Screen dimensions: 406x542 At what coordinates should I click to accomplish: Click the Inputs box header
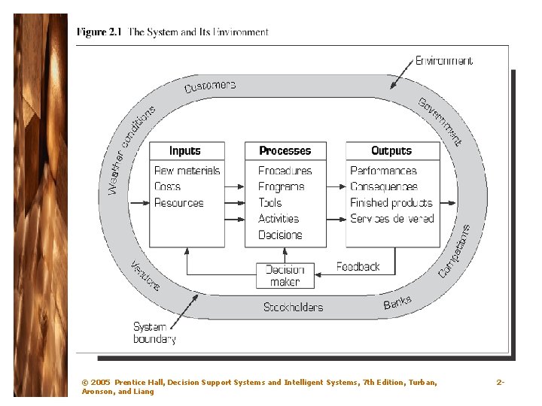[x=185, y=151]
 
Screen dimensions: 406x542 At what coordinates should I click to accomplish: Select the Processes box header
[x=285, y=151]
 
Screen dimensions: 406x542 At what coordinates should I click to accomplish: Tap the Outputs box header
[x=391, y=151]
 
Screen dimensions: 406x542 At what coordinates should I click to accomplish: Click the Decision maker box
[x=285, y=276]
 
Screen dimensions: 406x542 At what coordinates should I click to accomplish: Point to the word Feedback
[x=358, y=267]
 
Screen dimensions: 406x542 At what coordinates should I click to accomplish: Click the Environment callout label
[x=444, y=61]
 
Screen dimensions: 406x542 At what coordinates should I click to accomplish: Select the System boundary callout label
[x=154, y=333]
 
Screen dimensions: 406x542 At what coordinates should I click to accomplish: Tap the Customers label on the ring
[x=210, y=86]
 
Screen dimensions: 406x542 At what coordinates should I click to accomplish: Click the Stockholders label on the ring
[x=293, y=307]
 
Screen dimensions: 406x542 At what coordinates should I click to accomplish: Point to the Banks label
[x=397, y=302]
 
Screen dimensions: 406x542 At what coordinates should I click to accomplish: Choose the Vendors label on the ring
[x=145, y=276]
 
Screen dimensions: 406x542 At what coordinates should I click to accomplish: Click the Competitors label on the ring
[x=454, y=250]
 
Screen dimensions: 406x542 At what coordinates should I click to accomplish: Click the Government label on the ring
[x=440, y=120]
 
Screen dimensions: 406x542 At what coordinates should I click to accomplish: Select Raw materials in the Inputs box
[x=187, y=171]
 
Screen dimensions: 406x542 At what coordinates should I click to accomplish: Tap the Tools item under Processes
[x=270, y=203]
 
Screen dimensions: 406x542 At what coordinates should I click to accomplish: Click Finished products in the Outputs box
[x=391, y=203]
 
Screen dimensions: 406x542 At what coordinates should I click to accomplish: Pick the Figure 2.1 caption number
[x=99, y=32]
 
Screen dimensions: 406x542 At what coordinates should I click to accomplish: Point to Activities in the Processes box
[x=279, y=219]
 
